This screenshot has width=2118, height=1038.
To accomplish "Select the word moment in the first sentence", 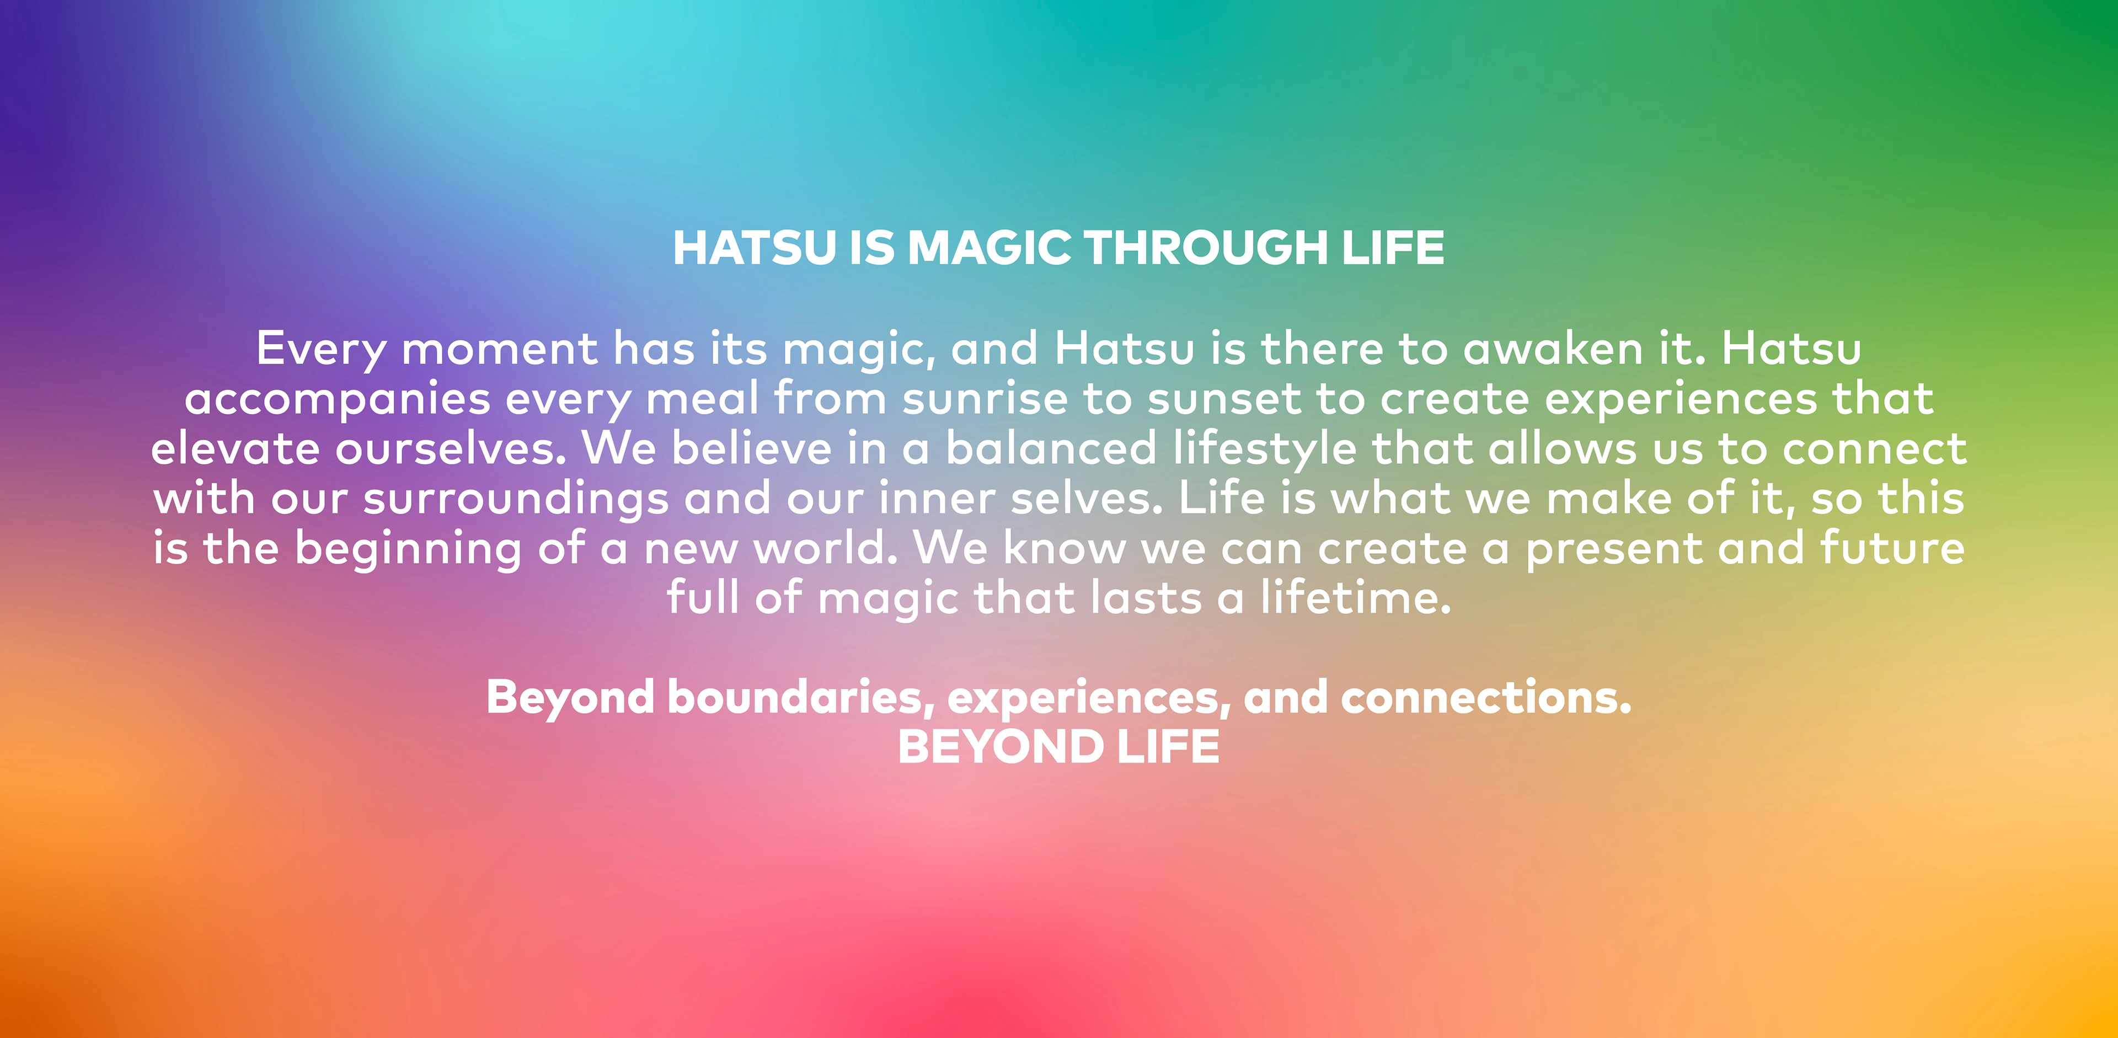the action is (499, 349).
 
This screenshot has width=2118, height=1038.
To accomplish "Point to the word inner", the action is (937, 498).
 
